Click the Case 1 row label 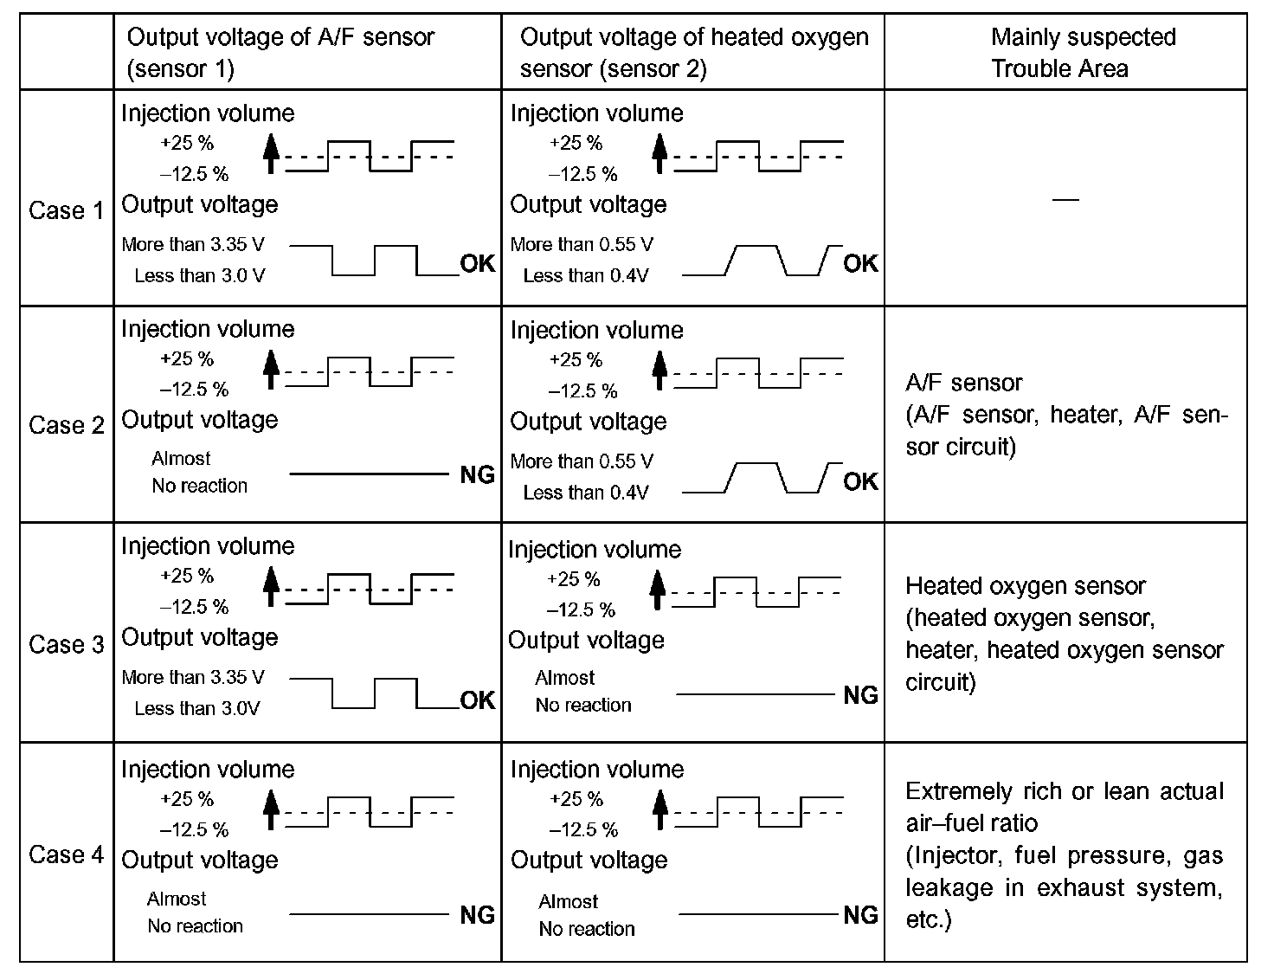pos(66,210)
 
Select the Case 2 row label pos(66,425)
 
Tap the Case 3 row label pos(66,644)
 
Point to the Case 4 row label pos(66,854)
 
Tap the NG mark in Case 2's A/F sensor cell pos(477,474)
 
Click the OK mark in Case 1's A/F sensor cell pos(477,263)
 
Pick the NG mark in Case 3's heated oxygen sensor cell pos(860,695)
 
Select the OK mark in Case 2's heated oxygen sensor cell pos(860,481)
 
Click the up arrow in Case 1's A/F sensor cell pos(271,155)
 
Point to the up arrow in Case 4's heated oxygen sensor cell pos(660,811)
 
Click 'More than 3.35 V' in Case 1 pos(193,244)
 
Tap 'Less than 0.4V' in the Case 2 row pos(586,493)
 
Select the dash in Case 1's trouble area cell pos(1065,200)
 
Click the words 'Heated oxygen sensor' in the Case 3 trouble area pos(1025,586)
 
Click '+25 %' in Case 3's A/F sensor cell pos(187,576)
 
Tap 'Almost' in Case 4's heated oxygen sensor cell pos(568,901)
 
